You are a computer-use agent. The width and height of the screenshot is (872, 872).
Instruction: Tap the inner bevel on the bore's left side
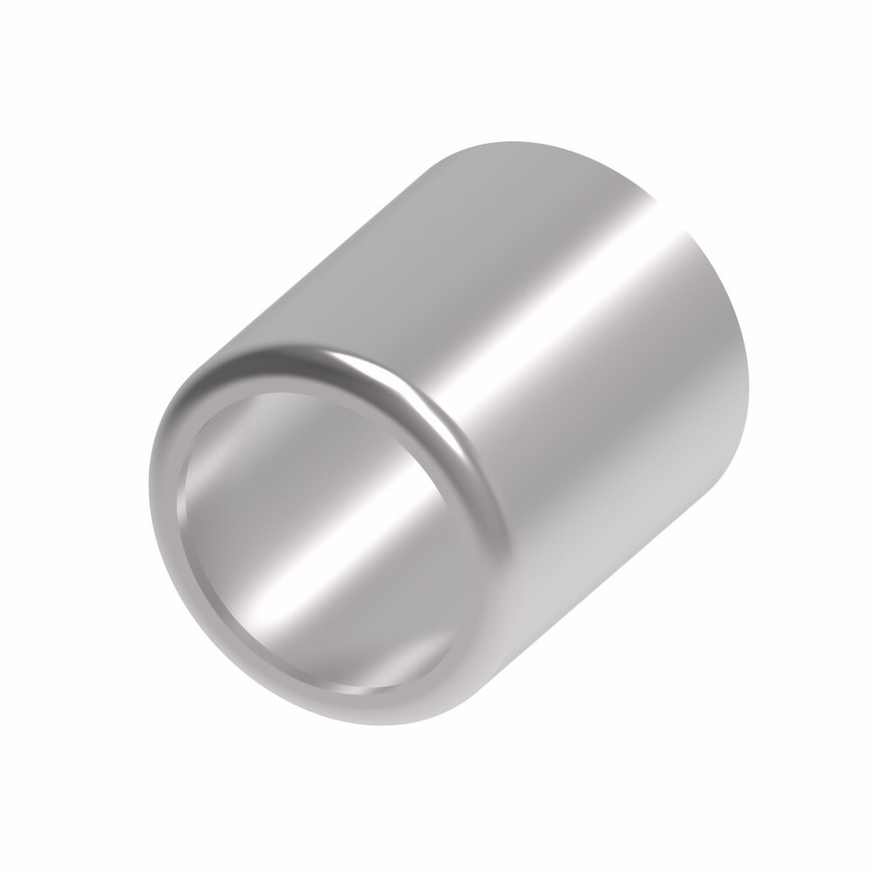183,523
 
